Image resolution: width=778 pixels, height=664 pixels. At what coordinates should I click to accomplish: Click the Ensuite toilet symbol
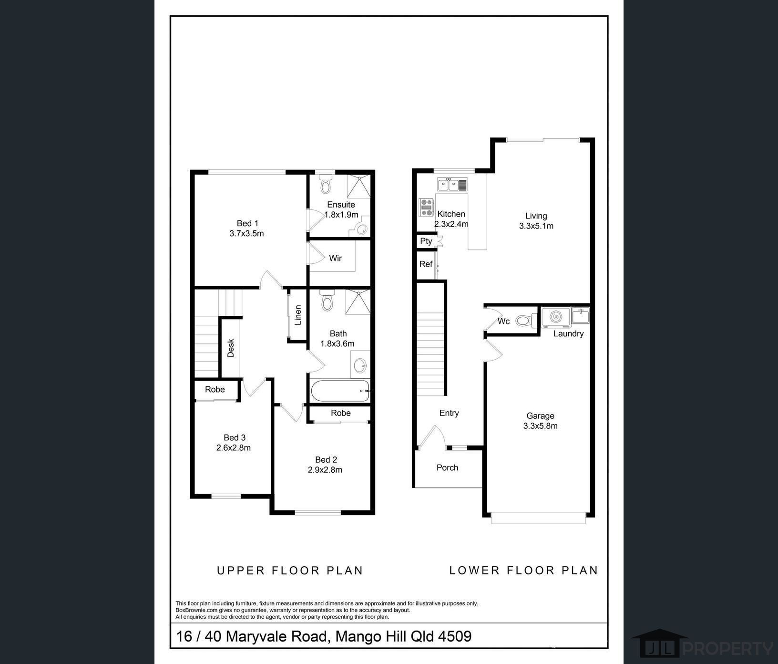coord(326,184)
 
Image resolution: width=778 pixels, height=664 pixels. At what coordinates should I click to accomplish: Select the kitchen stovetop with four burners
coord(426,207)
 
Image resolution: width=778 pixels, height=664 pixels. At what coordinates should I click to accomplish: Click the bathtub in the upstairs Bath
coord(340,392)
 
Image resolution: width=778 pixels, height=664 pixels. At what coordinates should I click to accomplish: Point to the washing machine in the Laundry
coord(556,316)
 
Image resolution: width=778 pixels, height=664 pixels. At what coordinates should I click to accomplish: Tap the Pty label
coord(426,241)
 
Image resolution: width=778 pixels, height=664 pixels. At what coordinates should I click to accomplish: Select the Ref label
coord(426,264)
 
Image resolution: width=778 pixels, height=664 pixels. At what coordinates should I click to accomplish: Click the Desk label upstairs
coord(231,348)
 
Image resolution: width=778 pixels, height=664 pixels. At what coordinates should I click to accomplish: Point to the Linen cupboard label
coord(298,315)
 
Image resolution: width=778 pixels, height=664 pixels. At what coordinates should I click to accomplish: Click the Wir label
coord(335,258)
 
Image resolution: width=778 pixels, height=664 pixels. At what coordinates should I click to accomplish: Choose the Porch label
coord(447,467)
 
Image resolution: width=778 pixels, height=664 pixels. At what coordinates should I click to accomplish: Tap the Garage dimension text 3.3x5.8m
coord(540,426)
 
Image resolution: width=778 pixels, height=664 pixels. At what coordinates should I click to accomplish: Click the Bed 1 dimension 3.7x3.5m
coord(246,233)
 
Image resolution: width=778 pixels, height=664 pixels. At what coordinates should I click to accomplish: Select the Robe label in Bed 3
coord(215,389)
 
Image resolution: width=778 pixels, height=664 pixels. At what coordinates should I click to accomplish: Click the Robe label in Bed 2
coord(341,413)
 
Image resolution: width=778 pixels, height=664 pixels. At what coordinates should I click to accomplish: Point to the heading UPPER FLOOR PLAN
coord(290,571)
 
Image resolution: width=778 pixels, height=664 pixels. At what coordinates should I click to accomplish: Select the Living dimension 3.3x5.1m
coord(536,226)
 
